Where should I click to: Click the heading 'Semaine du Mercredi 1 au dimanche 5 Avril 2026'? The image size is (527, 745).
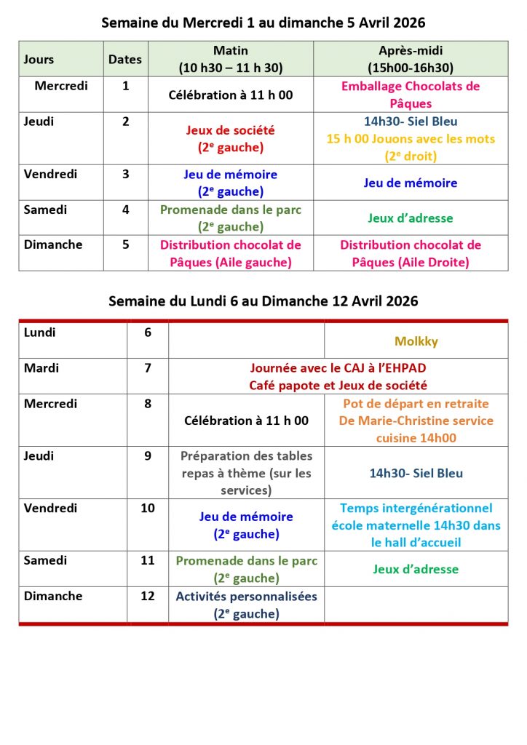pos(263,23)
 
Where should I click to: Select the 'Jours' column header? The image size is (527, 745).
pos(39,60)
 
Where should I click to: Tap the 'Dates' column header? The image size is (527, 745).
pos(125,60)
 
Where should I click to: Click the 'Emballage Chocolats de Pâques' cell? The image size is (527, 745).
pos(411,95)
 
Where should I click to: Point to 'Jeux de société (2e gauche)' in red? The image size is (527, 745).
pos(231,138)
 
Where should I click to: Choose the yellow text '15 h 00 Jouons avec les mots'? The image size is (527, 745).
pos(411,138)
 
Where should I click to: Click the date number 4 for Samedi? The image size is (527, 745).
pos(126,210)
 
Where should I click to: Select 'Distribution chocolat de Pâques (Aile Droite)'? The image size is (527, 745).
pos(411,253)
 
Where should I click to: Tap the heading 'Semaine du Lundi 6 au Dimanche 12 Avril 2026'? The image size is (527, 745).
pos(263,301)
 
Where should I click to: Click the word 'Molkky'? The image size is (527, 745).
pos(416,340)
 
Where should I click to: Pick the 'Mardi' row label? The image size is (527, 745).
pos(41,368)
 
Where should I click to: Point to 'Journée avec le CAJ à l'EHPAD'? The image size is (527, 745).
pos(338,368)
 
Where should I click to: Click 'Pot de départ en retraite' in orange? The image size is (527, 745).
pos(416,404)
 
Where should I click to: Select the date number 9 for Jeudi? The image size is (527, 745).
pos(148,456)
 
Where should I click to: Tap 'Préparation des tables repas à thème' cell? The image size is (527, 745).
pos(246,473)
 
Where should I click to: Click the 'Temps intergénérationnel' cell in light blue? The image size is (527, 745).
pos(416,525)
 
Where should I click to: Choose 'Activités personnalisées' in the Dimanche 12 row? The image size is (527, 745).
pos(246,605)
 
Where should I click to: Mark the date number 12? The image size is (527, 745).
pos(148,596)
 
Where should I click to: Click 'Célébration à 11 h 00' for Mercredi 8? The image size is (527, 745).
pos(246,421)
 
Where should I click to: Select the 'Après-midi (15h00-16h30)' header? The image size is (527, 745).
pos(411,59)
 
